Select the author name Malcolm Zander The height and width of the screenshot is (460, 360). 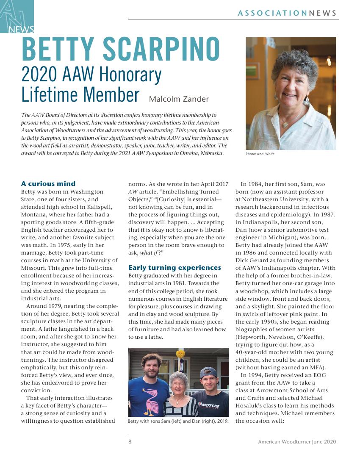point(179,99)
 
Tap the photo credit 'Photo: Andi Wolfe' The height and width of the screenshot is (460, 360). point(260,154)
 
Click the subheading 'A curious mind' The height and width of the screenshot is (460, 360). point(48,184)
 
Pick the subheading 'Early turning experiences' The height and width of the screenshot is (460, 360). point(174,268)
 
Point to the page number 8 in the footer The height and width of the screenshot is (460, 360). point(130,442)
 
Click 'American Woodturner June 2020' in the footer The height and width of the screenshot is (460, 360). point(297,442)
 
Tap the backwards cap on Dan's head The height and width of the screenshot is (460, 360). point(209,373)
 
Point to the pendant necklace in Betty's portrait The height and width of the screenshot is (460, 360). point(287,125)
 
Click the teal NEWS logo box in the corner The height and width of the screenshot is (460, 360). point(17,17)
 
